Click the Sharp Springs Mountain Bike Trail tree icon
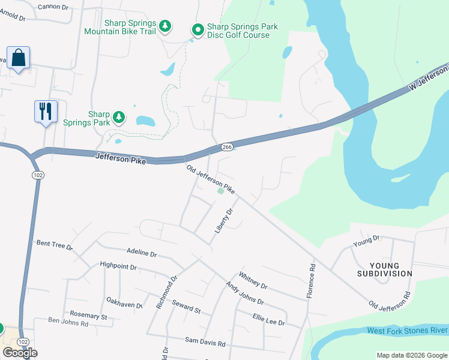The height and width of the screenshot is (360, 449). (x=166, y=27)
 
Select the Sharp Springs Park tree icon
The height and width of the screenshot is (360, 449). (x=119, y=116)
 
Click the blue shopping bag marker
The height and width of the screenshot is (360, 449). (x=19, y=59)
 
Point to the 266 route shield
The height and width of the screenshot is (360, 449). (x=226, y=146)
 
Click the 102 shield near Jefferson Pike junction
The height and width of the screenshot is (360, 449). (x=37, y=174)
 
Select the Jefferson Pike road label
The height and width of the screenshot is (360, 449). (x=120, y=157)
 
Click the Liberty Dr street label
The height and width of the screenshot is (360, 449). (x=223, y=221)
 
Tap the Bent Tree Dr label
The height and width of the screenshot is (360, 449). (x=54, y=244)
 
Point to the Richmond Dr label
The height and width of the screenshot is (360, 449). (x=167, y=292)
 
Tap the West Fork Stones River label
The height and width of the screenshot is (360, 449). (x=407, y=331)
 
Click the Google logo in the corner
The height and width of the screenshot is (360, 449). (x=20, y=353)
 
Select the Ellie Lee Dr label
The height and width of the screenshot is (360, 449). (x=268, y=320)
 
